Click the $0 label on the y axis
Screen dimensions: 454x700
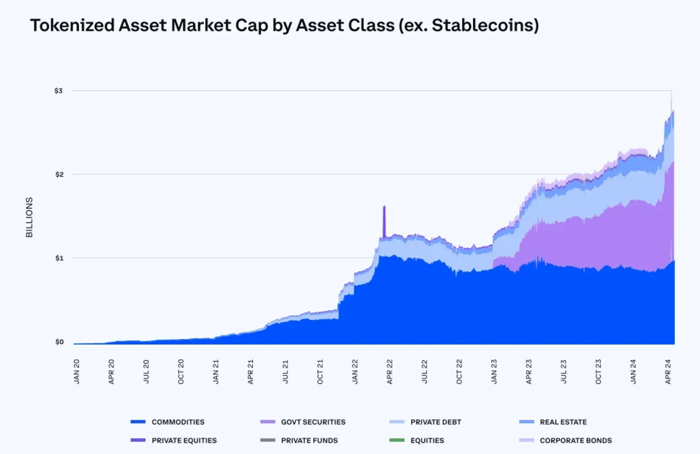tap(60, 342)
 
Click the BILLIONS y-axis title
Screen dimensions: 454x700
tap(30, 217)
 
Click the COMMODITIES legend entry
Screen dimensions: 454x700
tap(178, 422)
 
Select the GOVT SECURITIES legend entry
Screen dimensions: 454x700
tap(313, 422)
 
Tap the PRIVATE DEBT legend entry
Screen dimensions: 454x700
tap(435, 422)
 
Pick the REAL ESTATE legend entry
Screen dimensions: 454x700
tap(563, 422)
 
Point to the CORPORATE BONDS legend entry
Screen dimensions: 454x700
tap(576, 440)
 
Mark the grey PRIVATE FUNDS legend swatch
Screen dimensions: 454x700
tap(268, 440)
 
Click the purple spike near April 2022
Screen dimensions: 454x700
tap(384, 220)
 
